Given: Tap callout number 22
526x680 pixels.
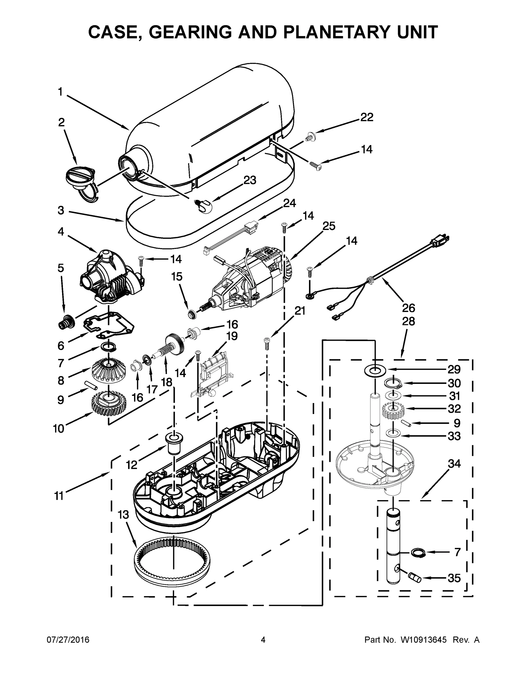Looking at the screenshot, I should (366, 117).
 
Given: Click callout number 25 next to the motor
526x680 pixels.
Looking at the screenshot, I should (328, 226).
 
